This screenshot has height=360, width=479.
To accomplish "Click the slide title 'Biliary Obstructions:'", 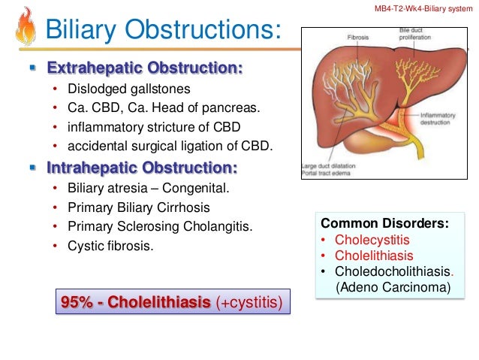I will [163, 29].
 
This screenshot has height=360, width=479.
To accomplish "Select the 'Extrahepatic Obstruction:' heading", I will [145, 68].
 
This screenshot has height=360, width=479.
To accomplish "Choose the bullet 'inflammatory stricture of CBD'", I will [155, 126].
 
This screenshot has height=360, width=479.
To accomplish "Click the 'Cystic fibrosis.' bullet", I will [112, 245].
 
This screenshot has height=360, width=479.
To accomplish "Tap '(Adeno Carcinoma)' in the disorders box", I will [383, 287].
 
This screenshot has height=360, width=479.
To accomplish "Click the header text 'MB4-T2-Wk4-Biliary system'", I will [424, 7].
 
